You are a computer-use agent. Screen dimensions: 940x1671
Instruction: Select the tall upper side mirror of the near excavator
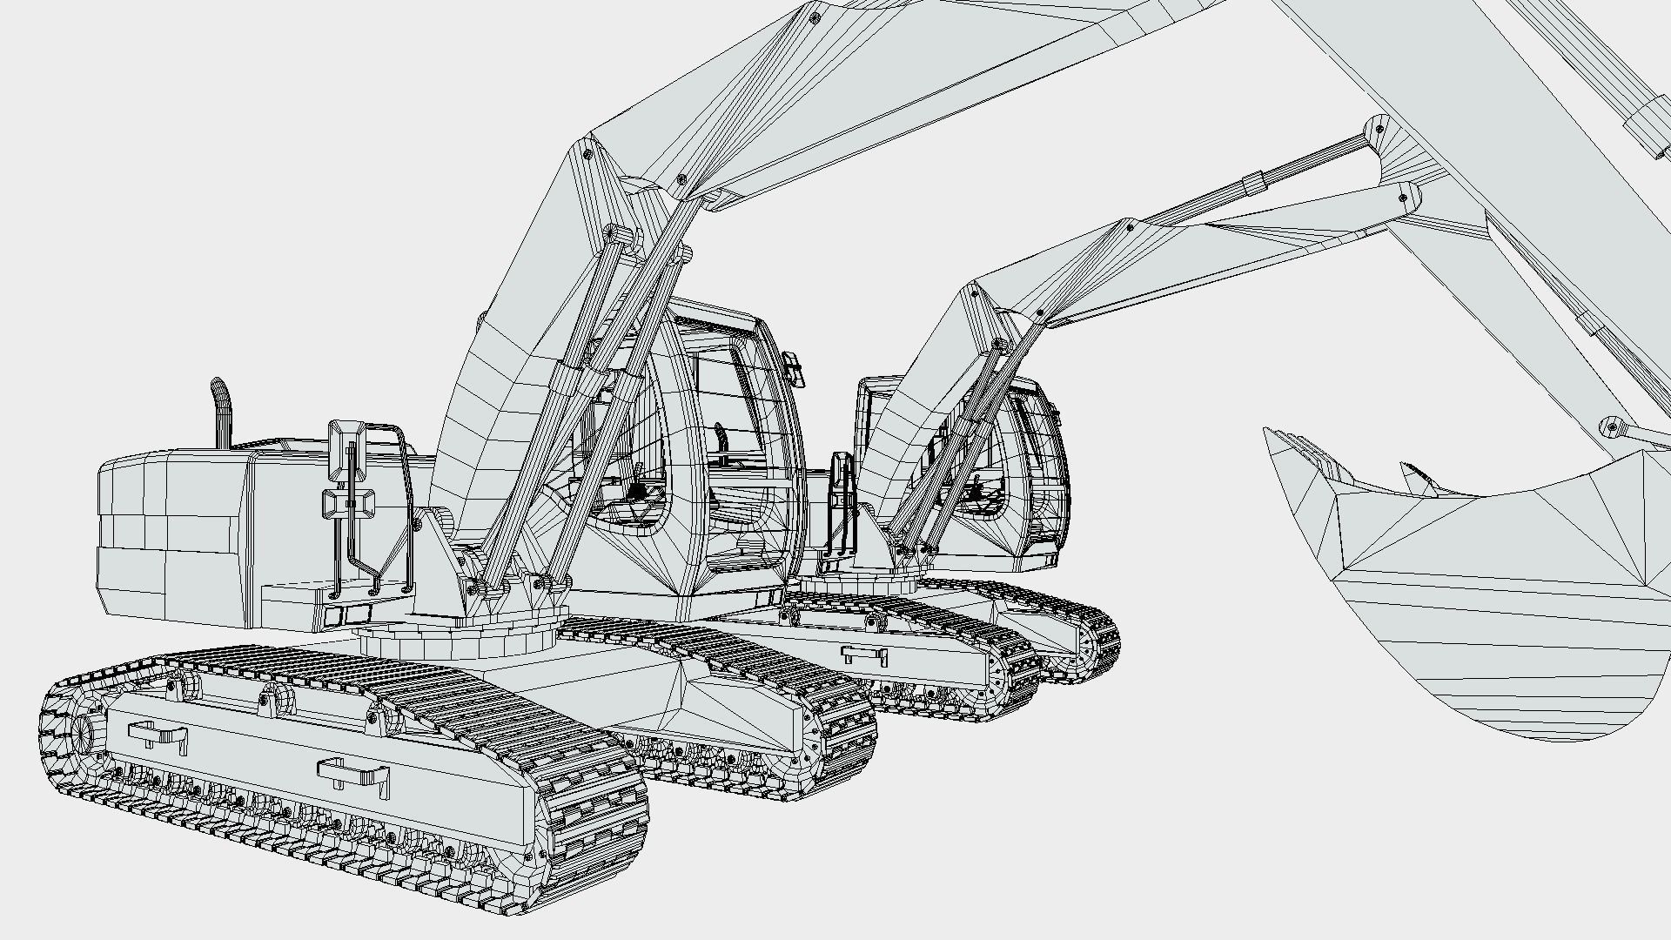pos(346,451)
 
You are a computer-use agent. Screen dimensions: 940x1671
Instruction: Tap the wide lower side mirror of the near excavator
pos(348,504)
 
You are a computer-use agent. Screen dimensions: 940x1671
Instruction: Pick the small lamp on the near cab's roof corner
pos(793,366)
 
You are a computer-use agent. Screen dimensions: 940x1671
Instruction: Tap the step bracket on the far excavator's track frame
pos(863,655)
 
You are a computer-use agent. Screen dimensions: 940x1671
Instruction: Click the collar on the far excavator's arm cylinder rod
pos(1254,184)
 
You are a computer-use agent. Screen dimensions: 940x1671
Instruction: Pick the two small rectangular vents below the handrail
pos(346,615)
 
